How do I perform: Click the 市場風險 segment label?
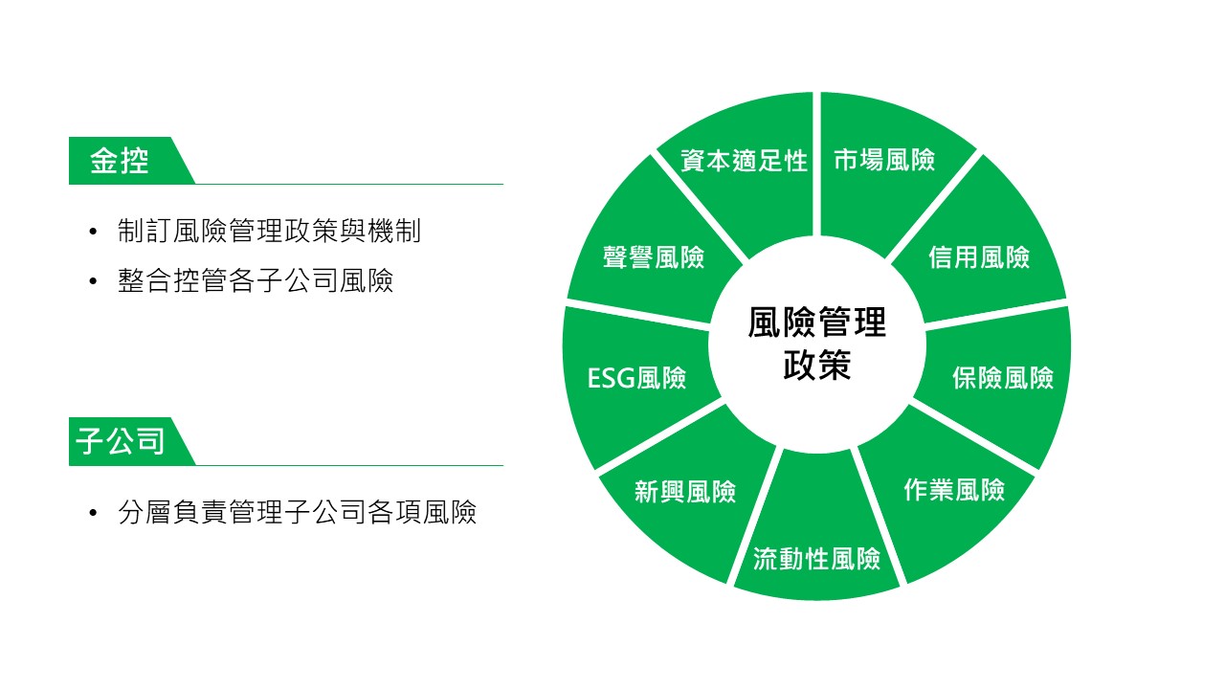click(884, 160)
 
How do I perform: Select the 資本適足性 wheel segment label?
click(744, 161)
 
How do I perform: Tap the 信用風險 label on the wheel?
click(979, 257)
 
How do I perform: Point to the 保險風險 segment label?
click(1003, 377)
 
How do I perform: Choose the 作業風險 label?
click(954, 489)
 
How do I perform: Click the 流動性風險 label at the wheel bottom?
click(816, 559)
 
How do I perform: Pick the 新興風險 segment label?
click(685, 491)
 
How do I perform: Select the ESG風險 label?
click(636, 378)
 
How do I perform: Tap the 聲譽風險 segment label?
click(654, 257)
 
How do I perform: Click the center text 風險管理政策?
click(817, 344)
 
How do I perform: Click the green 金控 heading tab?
click(132, 161)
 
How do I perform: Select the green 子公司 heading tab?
click(132, 441)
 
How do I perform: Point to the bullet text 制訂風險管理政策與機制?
click(269, 231)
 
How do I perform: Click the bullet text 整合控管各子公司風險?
click(256, 280)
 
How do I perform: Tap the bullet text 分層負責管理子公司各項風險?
click(297, 512)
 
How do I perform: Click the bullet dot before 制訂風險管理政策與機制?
click(93, 232)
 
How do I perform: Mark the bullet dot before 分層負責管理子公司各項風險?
click(93, 513)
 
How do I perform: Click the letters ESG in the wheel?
click(612, 378)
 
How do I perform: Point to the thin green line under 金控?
click(349, 185)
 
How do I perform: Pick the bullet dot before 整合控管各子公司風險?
click(93, 281)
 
